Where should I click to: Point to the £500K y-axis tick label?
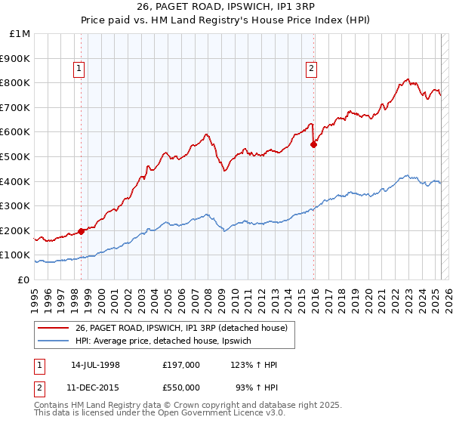click(15, 156)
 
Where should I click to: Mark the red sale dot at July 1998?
click(81, 231)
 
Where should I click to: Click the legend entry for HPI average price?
click(168, 341)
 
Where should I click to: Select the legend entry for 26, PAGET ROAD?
click(181, 328)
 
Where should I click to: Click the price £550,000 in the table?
click(180, 387)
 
